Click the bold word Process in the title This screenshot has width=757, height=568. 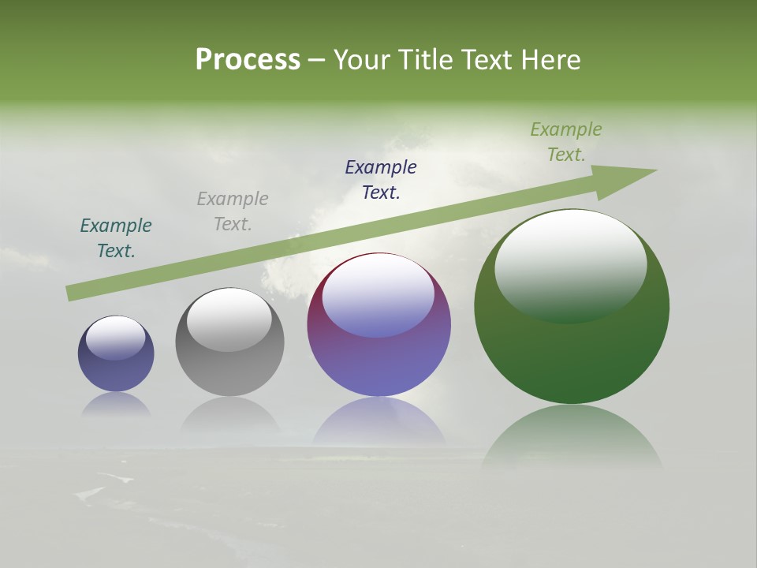(x=248, y=60)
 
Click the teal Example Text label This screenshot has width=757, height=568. (x=116, y=238)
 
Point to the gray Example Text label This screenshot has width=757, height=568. (x=233, y=211)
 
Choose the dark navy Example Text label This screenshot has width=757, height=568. (x=381, y=180)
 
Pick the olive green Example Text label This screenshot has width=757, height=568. (x=566, y=142)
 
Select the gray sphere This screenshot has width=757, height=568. (x=229, y=363)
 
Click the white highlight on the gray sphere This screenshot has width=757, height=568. (x=229, y=318)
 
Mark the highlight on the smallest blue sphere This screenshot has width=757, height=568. (x=116, y=337)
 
